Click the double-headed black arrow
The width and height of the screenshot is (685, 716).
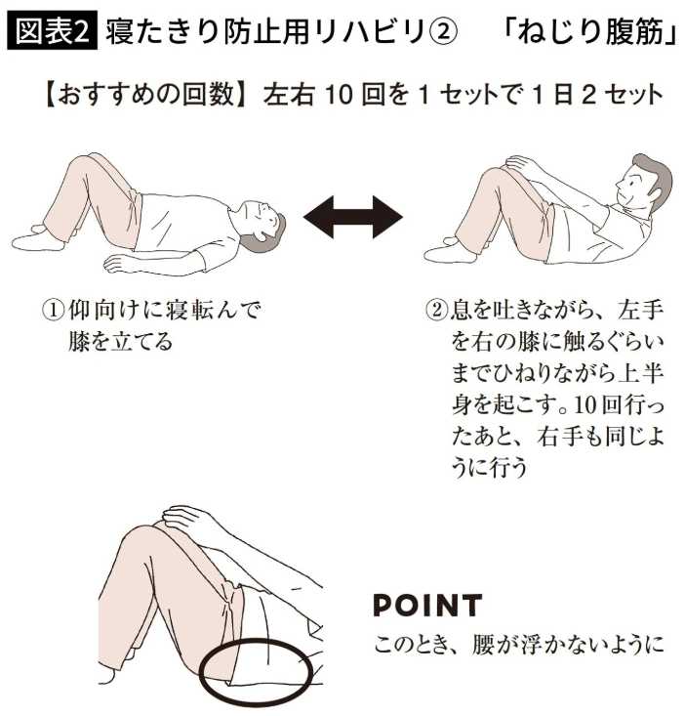coord(353,217)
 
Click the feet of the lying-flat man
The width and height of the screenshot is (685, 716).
coord(37,238)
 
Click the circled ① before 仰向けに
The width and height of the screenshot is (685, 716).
coord(54,311)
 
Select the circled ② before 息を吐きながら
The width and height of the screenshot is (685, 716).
coord(436,311)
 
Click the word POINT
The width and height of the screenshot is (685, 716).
coord(427,605)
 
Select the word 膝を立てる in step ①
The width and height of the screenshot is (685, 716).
coord(120,342)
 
